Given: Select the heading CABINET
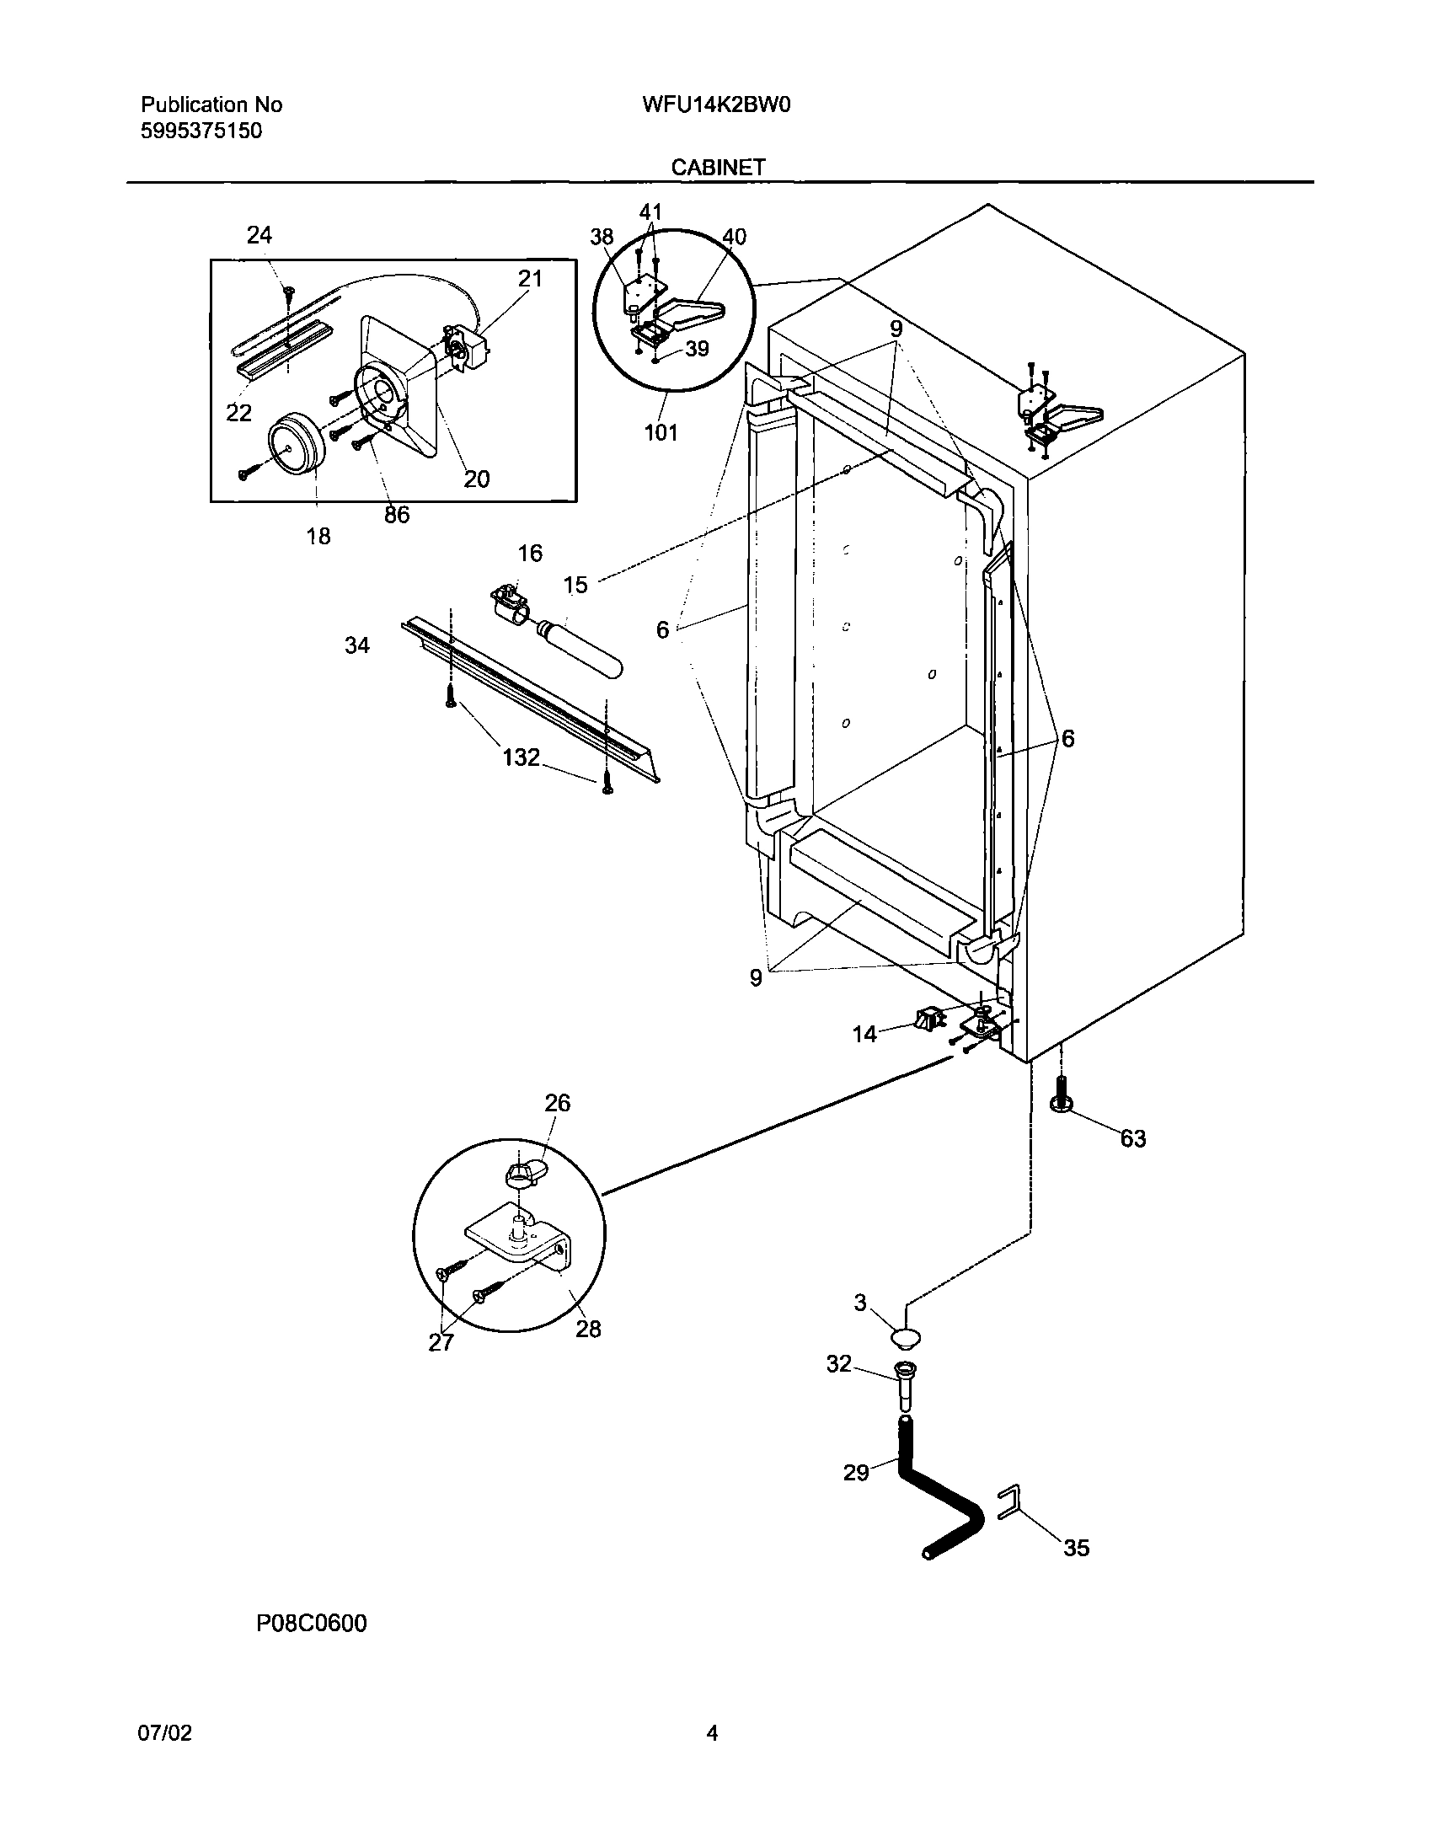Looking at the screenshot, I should pyautogui.click(x=718, y=168).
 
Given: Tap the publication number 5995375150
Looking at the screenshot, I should pyautogui.click(x=201, y=131).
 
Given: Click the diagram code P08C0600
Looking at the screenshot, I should pyautogui.click(x=312, y=1623).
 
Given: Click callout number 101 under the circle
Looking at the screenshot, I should pyautogui.click(x=661, y=433).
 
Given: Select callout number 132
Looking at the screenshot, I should pyautogui.click(x=521, y=757).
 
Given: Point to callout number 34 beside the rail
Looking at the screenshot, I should pyautogui.click(x=357, y=645).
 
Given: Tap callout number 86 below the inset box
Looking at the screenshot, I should pyautogui.click(x=396, y=515).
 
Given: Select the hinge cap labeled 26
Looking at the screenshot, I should pyautogui.click(x=522, y=1173).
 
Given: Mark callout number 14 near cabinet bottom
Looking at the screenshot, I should pyautogui.click(x=865, y=1034).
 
